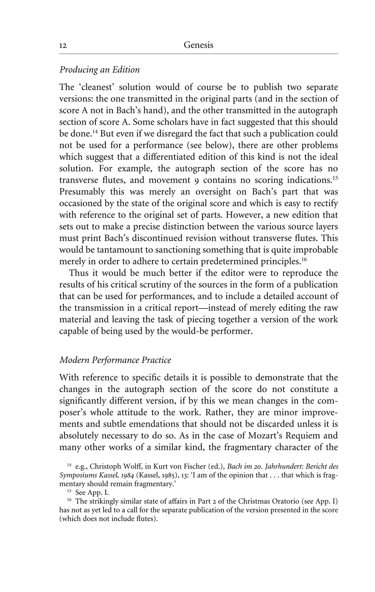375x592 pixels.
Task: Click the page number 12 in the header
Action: click(63, 46)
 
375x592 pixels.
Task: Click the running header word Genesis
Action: click(198, 45)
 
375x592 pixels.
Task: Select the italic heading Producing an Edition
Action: click(100, 70)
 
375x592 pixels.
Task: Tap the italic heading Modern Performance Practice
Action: click(115, 360)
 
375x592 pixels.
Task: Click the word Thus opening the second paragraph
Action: click(78, 273)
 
